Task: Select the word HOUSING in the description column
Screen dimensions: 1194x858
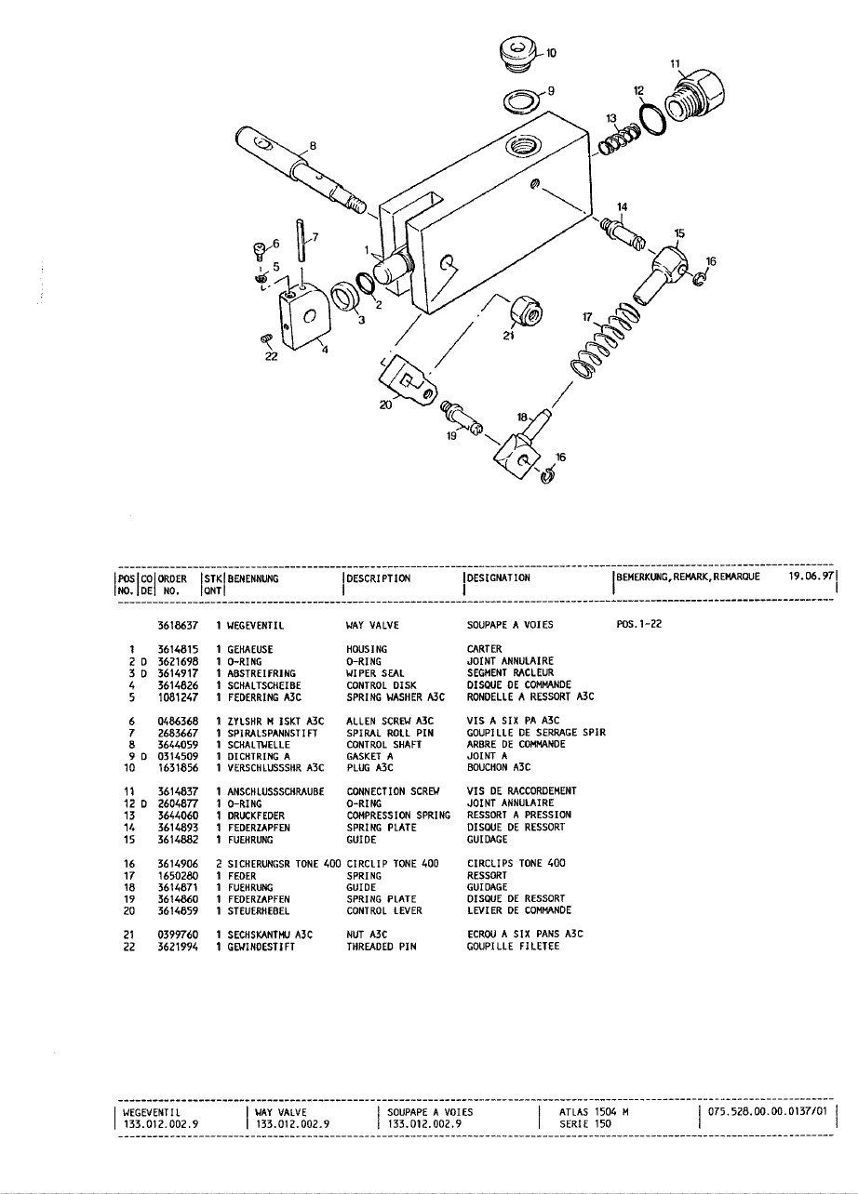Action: tap(367, 649)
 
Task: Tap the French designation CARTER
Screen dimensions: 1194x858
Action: tap(484, 649)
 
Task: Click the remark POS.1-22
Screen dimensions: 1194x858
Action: tap(638, 626)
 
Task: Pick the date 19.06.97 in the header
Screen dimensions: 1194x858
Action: tap(808, 577)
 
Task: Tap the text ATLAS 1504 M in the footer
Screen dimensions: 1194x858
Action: tap(595, 1111)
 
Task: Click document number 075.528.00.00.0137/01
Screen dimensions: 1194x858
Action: tap(767, 1111)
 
